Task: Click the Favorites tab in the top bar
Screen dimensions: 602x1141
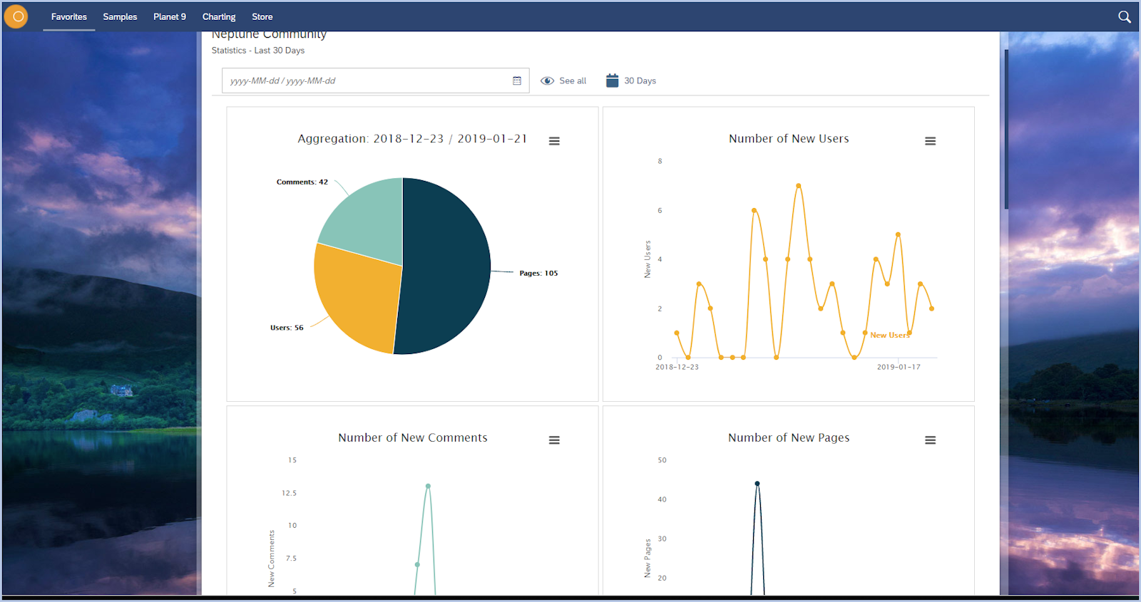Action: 68,16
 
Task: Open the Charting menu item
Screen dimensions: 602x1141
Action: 218,16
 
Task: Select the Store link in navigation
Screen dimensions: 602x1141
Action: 262,16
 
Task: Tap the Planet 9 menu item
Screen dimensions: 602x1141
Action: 169,16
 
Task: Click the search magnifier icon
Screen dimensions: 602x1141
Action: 1124,16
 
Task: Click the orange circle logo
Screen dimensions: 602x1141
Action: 16,16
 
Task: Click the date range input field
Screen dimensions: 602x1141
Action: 364,81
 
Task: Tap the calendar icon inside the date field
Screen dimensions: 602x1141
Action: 517,81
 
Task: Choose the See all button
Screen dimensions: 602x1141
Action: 563,81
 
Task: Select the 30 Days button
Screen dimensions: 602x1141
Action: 631,81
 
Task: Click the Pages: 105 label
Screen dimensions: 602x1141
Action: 538,273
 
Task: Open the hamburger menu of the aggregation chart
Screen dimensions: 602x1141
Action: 554,141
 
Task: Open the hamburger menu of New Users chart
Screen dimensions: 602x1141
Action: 930,141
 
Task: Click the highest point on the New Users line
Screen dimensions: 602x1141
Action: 799,186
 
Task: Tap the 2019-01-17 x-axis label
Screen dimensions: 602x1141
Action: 899,367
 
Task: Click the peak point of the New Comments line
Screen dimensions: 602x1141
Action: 428,487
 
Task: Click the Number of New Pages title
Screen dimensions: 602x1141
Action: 789,437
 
